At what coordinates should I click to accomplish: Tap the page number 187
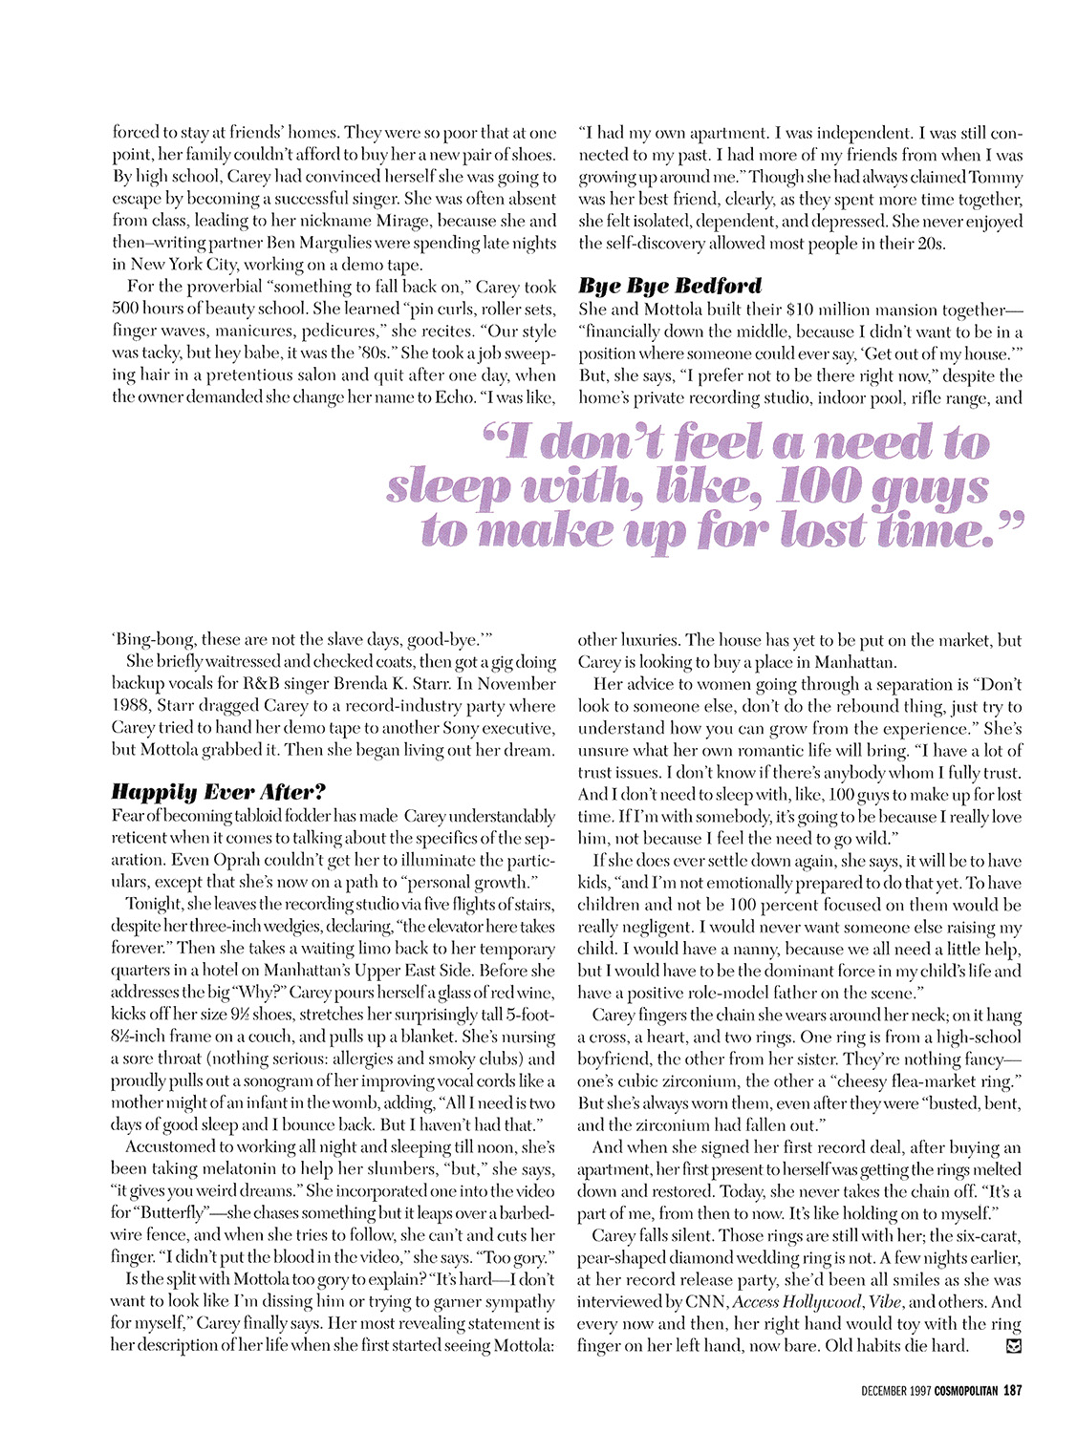pyautogui.click(x=1012, y=1391)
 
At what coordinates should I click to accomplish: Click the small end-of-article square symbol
pyautogui.click(x=1014, y=1346)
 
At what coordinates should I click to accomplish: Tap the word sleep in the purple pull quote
pyautogui.click(x=446, y=488)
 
